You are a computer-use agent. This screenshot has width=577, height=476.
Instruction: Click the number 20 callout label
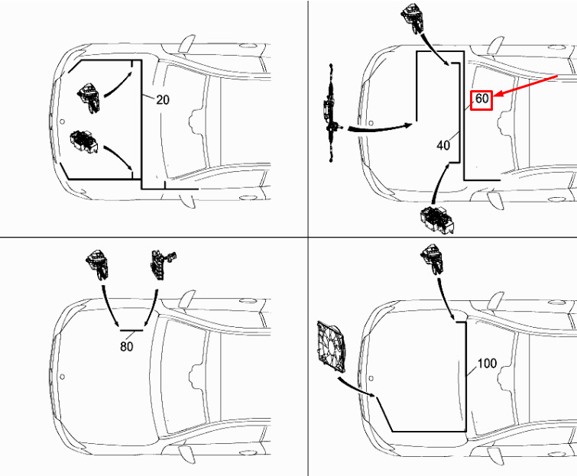[163, 99]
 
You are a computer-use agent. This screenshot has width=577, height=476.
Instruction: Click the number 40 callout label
[443, 145]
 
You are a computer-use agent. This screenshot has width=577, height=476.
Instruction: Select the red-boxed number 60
[481, 99]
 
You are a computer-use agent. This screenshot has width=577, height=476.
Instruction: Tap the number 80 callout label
[127, 346]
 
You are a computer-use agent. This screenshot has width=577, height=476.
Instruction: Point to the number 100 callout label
[487, 364]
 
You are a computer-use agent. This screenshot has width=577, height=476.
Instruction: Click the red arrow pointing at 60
[526, 86]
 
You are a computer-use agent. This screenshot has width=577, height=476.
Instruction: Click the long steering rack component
[331, 113]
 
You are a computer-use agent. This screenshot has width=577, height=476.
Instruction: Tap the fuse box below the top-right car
[437, 220]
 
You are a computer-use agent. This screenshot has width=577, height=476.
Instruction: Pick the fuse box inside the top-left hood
[83, 141]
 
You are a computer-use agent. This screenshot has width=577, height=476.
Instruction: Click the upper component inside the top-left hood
[89, 99]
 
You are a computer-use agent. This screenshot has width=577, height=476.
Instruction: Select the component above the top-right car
[413, 18]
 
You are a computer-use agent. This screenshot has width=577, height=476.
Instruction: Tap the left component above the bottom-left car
[98, 264]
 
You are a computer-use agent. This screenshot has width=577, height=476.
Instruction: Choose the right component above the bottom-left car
[162, 264]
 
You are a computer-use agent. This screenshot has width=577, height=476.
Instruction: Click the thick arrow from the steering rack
[380, 128]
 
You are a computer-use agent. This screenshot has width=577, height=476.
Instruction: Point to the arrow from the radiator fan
[356, 387]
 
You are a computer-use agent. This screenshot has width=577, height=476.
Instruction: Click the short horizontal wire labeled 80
[131, 330]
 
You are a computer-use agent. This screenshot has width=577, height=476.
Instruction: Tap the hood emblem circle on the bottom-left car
[62, 377]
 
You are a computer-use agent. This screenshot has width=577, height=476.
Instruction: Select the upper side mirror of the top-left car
[187, 44]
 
